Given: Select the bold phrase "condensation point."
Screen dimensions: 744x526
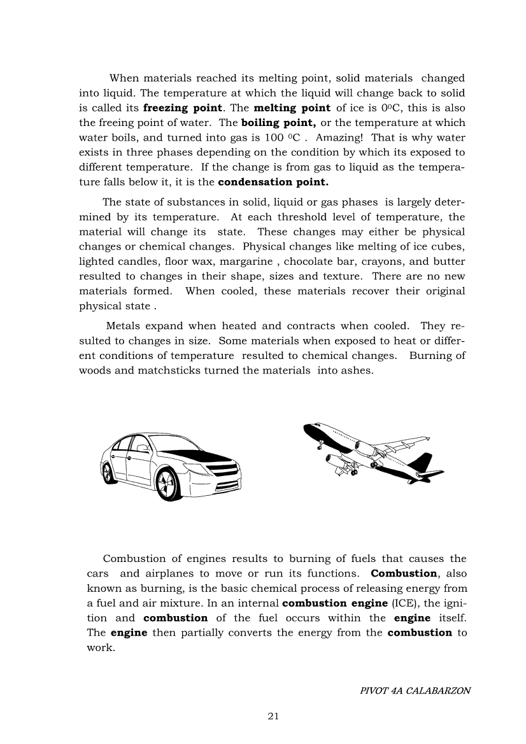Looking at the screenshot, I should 273,182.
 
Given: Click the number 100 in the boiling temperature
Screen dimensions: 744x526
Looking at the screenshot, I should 273,137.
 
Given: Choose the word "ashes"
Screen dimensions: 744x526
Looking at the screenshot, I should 356,370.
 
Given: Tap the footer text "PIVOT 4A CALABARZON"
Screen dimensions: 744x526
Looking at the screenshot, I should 415,690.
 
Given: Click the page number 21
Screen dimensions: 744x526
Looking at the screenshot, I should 273,716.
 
